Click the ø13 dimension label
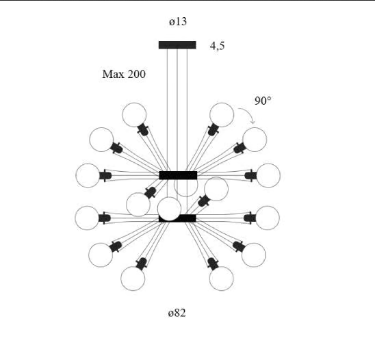tap(178, 21)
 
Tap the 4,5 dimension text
tap(217, 46)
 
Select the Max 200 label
tap(124, 74)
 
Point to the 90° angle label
tap(263, 101)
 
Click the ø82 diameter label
tap(177, 313)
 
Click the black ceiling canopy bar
tap(177, 45)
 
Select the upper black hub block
tap(178, 175)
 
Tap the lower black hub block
tap(177, 218)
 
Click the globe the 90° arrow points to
tap(255, 140)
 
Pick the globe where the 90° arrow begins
tap(222, 114)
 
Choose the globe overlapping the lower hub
tap(169, 209)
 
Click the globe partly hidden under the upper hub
tap(186, 188)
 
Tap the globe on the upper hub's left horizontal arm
tap(88, 175)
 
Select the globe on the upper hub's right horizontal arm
tap(268, 175)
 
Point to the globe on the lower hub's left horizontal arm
tap(87, 218)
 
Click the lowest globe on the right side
tap(221, 279)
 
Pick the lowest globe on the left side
tap(133, 279)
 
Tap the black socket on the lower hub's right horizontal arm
tap(250, 218)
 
